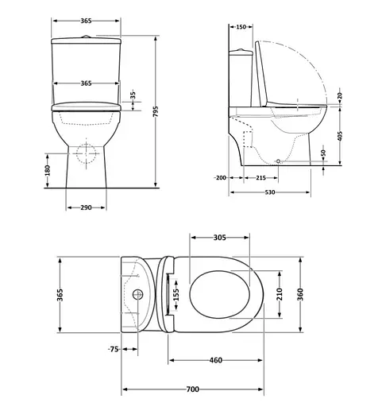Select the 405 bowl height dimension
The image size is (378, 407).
339,136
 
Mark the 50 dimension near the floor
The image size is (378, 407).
323,153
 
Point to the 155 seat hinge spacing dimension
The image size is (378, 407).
177,295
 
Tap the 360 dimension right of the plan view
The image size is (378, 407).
301,295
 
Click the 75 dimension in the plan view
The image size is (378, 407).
114,348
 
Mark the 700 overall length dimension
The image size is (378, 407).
193,390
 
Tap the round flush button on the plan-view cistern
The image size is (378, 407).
140,295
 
